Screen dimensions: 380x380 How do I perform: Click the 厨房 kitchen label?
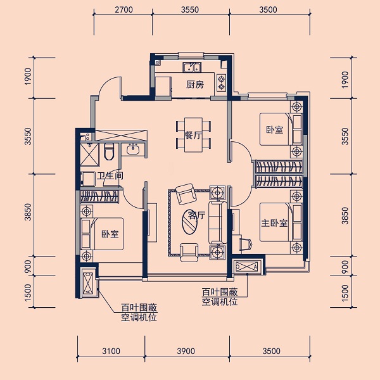(195, 85)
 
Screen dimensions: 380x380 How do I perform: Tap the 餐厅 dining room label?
(193, 136)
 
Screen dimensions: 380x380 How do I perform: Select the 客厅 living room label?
(197, 215)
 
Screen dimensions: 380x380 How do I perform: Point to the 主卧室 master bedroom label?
(274, 223)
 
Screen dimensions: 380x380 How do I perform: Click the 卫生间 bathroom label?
(110, 175)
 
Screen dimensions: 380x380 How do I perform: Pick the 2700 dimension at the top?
(124, 9)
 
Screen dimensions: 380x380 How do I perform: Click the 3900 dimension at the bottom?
(186, 351)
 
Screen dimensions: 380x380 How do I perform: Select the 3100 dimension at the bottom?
(111, 351)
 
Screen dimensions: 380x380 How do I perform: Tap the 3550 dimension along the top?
(190, 9)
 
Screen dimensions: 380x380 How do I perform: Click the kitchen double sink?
(192, 67)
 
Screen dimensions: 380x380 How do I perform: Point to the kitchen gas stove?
(221, 82)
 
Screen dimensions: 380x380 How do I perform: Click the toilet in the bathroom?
(108, 151)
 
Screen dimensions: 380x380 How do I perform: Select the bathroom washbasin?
(132, 149)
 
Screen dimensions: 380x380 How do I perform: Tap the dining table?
(193, 135)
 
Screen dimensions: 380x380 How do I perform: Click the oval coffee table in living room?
(190, 222)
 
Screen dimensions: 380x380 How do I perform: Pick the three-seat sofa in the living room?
(217, 222)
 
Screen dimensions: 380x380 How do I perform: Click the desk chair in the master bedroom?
(246, 244)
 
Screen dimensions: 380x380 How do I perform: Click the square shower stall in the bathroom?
(89, 155)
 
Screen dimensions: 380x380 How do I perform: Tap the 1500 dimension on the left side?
(28, 293)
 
